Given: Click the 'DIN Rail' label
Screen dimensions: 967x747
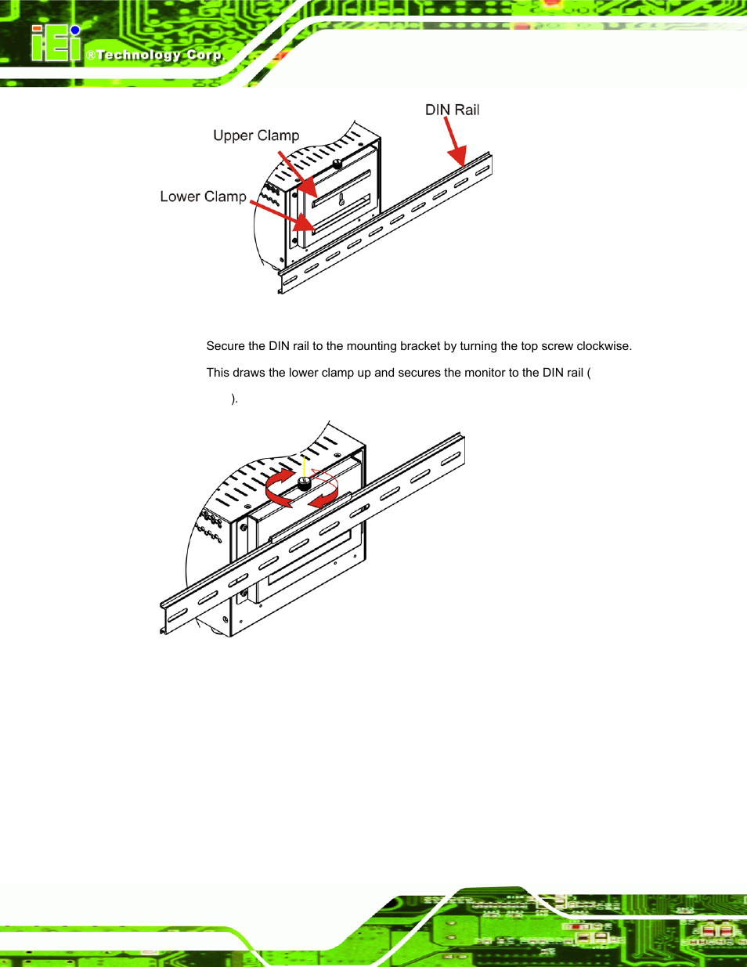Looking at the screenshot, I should [452, 110].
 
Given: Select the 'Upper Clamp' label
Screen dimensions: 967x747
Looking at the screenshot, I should [256, 135].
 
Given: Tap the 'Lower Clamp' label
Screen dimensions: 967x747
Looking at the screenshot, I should [203, 197].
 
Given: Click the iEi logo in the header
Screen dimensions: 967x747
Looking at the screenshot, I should [55, 44].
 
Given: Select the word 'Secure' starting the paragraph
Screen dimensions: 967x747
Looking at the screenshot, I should [225, 346].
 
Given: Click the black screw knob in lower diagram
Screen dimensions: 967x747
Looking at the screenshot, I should [305, 484].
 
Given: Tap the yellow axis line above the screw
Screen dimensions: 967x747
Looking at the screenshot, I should [304, 464].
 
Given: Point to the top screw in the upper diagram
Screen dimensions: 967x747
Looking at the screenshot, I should [337, 164].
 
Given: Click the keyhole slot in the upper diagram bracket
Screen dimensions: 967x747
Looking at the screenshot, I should [341, 200].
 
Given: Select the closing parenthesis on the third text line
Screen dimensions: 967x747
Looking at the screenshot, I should [233, 399].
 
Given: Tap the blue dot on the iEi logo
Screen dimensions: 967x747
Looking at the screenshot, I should [75, 31].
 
